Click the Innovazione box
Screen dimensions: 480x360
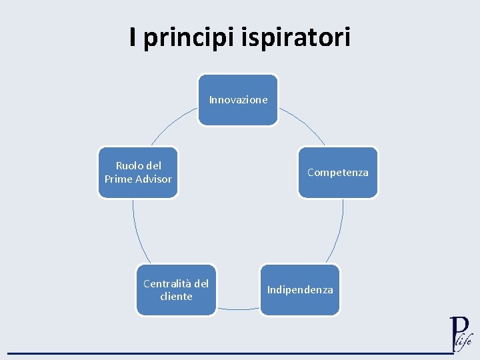[238, 100]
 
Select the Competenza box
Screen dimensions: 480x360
[337, 173]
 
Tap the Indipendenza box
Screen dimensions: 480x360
[300, 290]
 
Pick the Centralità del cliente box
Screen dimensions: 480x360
[176, 290]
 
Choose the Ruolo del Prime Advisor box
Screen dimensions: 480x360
[138, 173]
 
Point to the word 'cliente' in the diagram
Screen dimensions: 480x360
[176, 297]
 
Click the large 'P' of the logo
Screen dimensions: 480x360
[458, 331]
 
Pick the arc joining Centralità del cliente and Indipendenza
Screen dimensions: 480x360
[238, 309]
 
